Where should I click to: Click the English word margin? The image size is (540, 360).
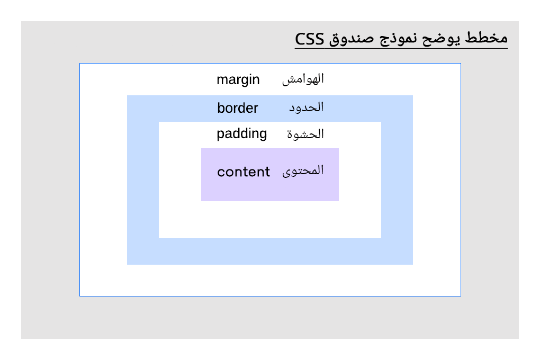tap(238, 80)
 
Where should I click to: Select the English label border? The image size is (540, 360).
tap(238, 108)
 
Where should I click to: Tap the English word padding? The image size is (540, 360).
tap(242, 134)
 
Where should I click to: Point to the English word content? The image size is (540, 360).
tap(244, 172)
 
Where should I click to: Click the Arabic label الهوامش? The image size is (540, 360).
tap(303, 79)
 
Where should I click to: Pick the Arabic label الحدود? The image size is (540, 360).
tap(306, 107)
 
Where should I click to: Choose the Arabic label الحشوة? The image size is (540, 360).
tap(305, 134)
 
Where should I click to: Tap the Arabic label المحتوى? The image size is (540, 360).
tap(303, 171)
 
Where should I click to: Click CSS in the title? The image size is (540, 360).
tap(310, 39)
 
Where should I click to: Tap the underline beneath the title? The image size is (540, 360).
tap(401, 49)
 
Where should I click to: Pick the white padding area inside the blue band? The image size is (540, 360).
tap(270, 220)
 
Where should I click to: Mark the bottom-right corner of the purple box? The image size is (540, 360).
tap(338, 201)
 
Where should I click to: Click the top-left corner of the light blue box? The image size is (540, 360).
tap(128, 96)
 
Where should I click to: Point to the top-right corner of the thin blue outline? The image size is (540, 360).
tap(461, 64)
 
